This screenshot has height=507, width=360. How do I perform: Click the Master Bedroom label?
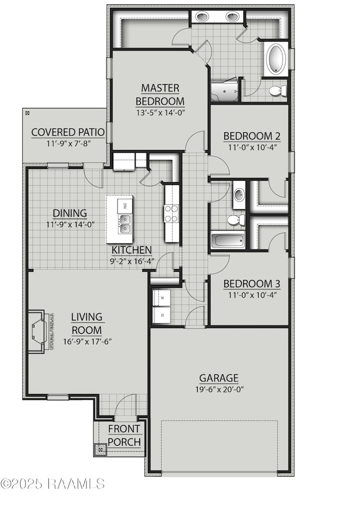pyautogui.click(x=160, y=95)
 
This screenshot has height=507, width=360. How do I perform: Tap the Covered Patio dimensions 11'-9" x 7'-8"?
pyautogui.click(x=68, y=143)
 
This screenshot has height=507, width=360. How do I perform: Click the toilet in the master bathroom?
pyautogui.click(x=277, y=90)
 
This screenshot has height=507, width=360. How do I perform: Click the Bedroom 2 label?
pyautogui.click(x=248, y=136)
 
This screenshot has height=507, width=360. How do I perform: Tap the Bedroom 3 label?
pyautogui.click(x=251, y=284)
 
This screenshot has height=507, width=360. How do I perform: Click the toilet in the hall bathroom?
pyautogui.click(x=236, y=220)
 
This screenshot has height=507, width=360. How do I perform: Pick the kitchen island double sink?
pyautogui.click(x=125, y=226)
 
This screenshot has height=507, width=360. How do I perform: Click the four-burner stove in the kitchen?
pyautogui.click(x=171, y=214)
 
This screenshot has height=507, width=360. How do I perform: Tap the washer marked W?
pyautogui.click(x=162, y=298)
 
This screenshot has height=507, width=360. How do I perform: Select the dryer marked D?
pyautogui.click(x=162, y=315)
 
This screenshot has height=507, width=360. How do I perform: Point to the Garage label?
pyautogui.click(x=219, y=379)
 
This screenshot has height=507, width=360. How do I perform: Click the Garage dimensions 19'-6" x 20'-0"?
pyautogui.click(x=219, y=389)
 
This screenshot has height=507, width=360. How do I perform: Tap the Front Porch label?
pyautogui.click(x=124, y=435)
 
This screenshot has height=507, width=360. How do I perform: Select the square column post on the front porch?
pyautogui.click(x=100, y=449)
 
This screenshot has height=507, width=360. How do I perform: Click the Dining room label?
pyautogui.click(x=70, y=213)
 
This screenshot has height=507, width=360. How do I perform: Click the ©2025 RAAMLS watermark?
pyautogui.click(x=53, y=483)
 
